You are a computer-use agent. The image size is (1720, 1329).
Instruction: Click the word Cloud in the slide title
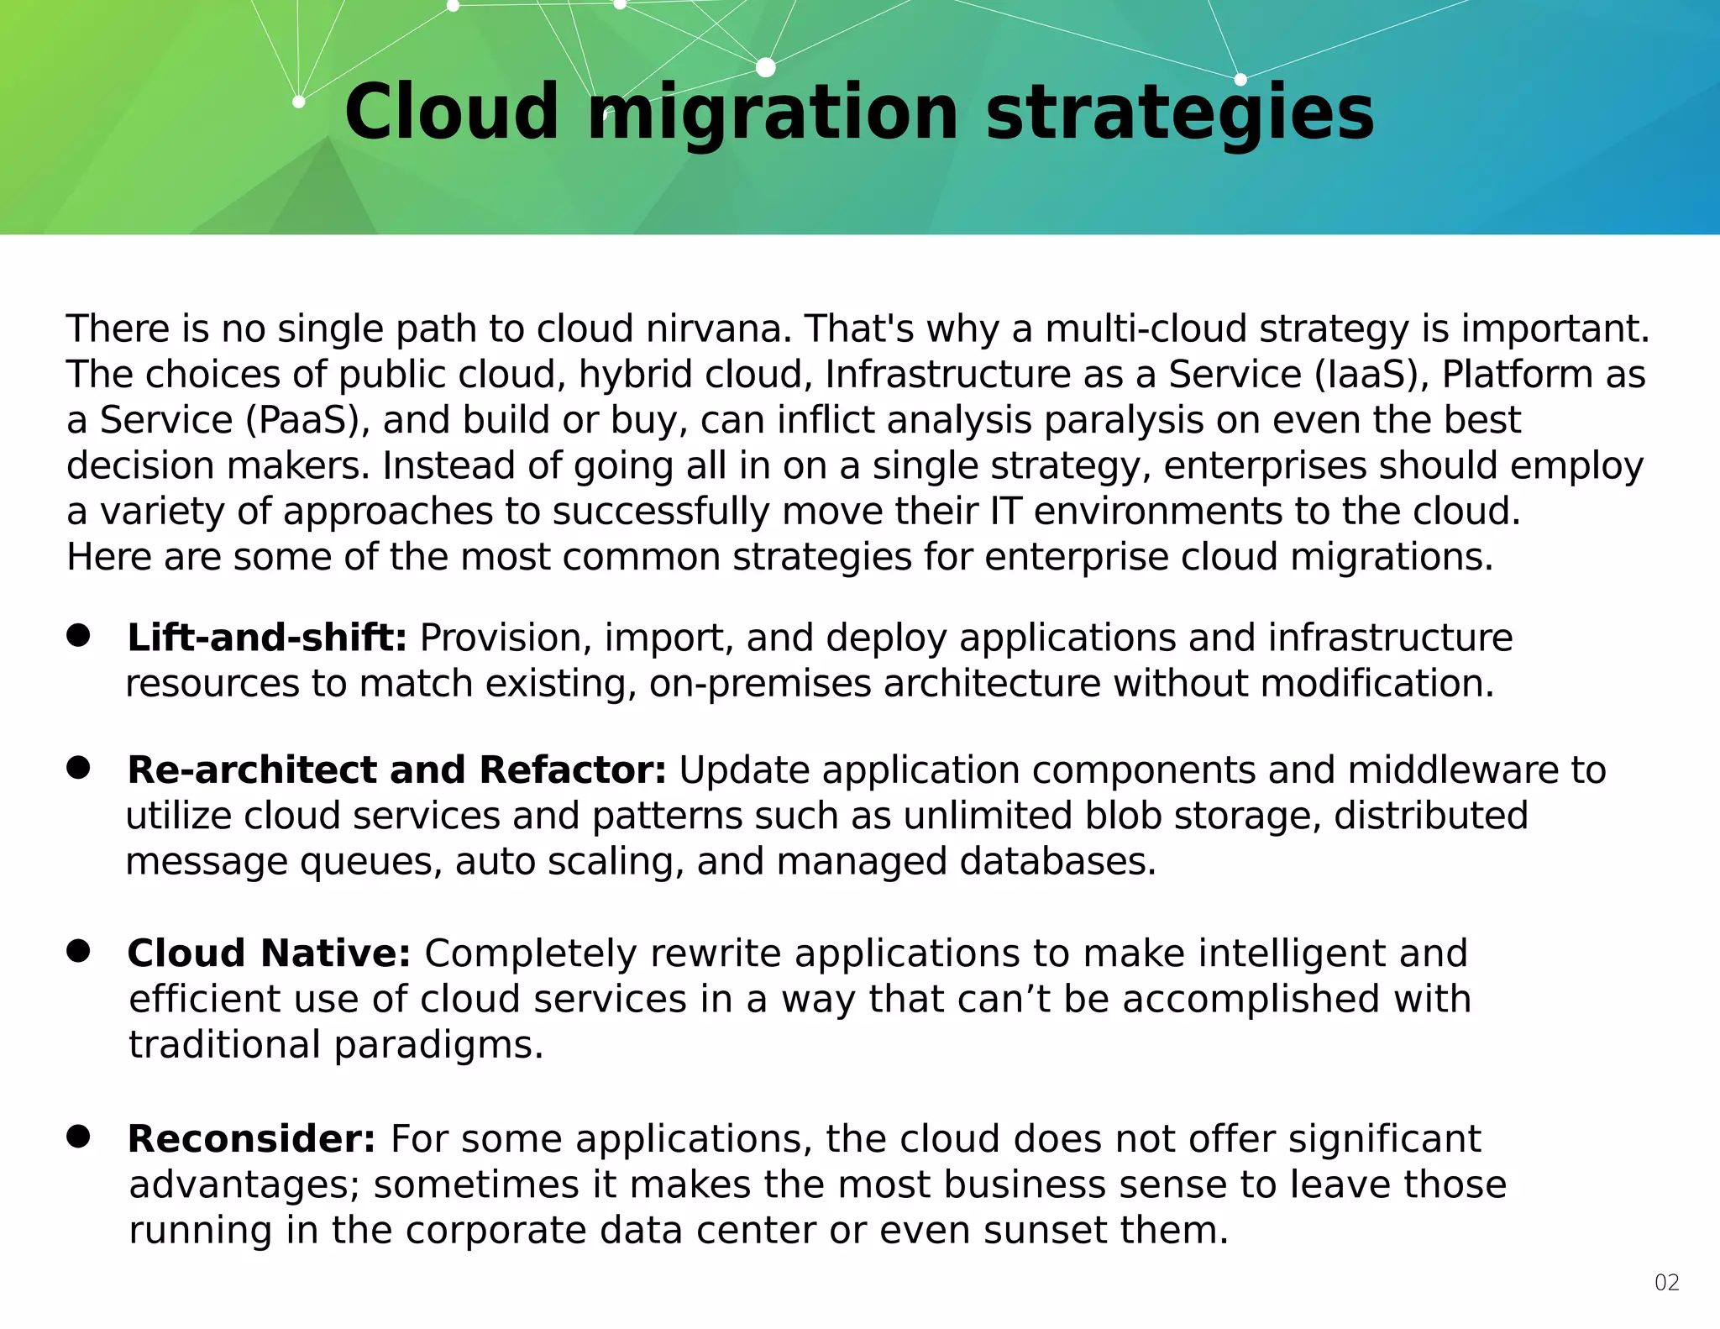click(451, 113)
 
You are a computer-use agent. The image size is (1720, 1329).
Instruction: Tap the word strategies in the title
click(1179, 114)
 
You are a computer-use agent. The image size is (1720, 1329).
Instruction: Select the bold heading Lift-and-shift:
click(267, 638)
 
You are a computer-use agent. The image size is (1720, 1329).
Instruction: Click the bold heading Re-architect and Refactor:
click(396, 770)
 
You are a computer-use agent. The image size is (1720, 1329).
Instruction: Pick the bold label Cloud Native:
click(269, 953)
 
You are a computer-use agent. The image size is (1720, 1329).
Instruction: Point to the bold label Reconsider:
click(251, 1139)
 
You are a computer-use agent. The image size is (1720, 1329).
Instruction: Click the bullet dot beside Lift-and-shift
click(78, 635)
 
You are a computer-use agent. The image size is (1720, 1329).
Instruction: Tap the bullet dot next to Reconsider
click(78, 1137)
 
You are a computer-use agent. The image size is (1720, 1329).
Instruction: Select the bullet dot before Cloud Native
click(78, 951)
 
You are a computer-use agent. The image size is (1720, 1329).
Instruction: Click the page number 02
click(1666, 1283)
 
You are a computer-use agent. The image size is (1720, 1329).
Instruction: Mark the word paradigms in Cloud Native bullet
click(438, 1046)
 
